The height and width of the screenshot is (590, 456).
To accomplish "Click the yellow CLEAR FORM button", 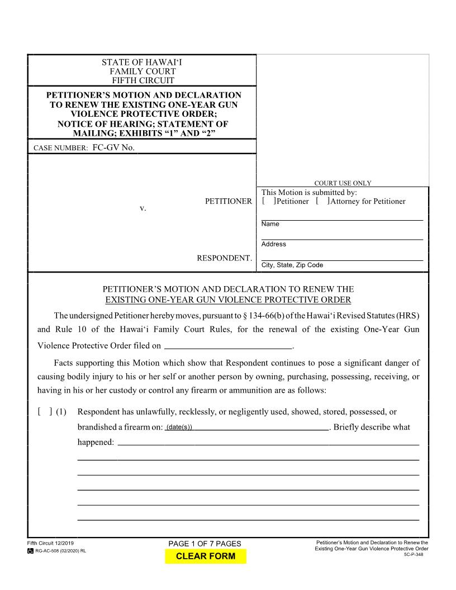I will pyautogui.click(x=205, y=556).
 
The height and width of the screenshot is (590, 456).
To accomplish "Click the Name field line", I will pyautogui.click(x=342, y=216).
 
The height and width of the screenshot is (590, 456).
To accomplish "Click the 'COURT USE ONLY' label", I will pyautogui.click(x=343, y=183).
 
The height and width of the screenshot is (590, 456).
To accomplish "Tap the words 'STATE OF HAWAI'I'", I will pyautogui.click(x=142, y=63).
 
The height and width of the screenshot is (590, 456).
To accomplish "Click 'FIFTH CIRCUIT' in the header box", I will pyautogui.click(x=142, y=80).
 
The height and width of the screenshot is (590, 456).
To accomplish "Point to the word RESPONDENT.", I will pyautogui.click(x=224, y=258).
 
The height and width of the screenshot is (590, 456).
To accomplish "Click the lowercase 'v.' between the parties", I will pyautogui.click(x=142, y=208).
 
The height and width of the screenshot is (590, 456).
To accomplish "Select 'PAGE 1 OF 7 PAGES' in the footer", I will pyautogui.click(x=205, y=544).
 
